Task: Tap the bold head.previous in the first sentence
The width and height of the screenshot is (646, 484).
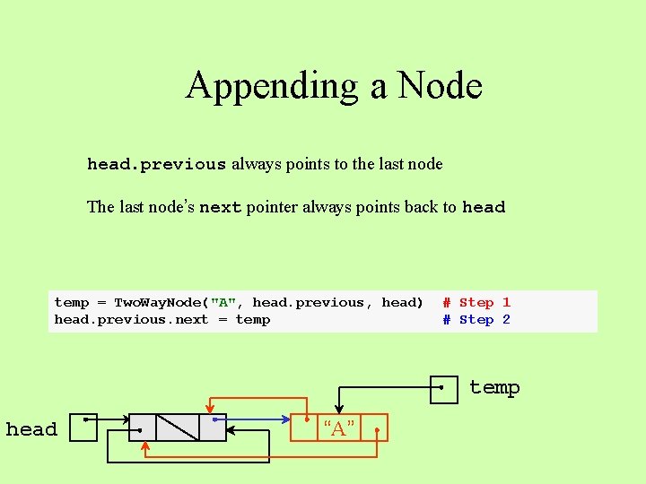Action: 156,164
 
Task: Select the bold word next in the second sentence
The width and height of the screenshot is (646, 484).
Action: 220,207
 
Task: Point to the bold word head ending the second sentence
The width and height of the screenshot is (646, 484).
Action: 484,207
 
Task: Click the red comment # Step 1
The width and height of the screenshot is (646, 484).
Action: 476,303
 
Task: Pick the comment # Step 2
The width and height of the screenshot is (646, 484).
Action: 476,320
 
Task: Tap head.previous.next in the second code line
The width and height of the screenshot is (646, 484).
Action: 131,320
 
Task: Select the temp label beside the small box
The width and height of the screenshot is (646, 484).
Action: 494,387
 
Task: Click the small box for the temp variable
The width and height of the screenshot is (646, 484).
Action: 444,389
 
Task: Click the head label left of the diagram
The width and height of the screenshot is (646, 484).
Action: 31,429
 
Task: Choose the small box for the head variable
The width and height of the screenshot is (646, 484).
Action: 83,428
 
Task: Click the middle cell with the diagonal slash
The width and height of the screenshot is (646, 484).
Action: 178,428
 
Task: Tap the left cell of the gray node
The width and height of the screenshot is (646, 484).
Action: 143,428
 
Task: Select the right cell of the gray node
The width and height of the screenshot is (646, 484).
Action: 213,428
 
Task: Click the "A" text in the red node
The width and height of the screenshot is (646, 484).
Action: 339,428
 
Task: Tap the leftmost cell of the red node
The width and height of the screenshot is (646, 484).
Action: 306,428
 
